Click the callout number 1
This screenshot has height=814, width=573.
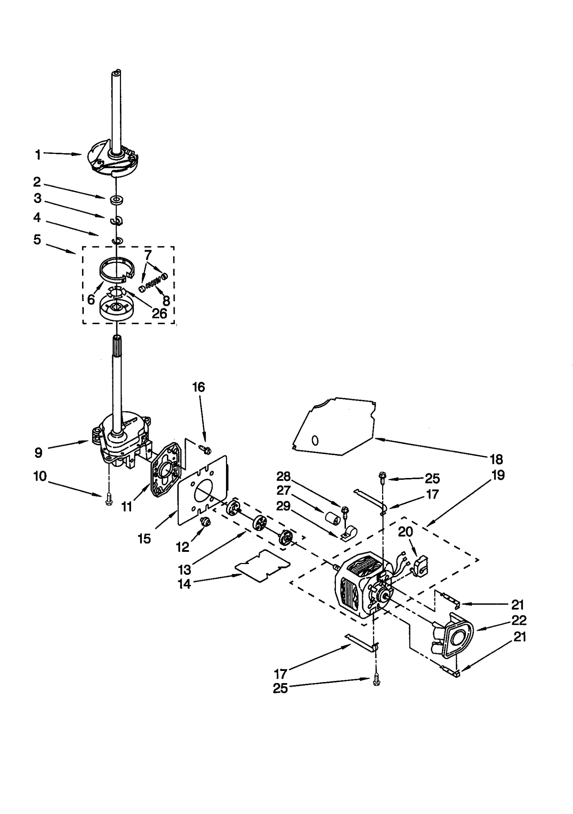(38, 155)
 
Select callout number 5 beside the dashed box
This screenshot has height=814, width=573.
(37, 240)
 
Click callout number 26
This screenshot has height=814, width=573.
(159, 313)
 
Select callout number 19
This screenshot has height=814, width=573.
(498, 475)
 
